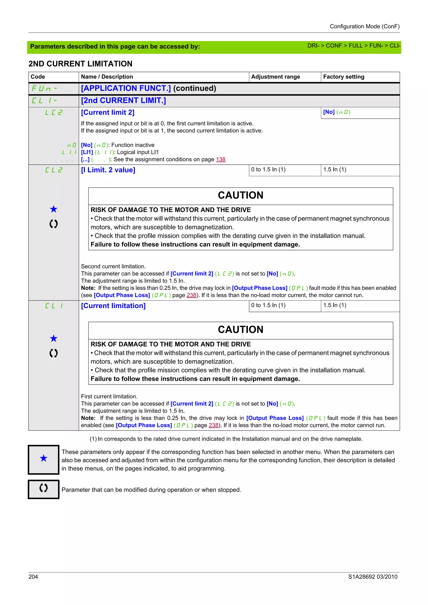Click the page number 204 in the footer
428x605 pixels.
coord(33,577)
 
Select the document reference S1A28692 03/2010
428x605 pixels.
coord(372,577)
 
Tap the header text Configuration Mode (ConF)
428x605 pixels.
coord(364,26)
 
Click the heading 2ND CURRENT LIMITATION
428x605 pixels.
coord(80,64)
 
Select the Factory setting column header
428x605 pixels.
coord(343,77)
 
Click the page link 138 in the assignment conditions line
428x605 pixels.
coord(220,159)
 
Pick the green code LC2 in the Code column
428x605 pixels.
coord(54,113)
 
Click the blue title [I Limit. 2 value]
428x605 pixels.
coord(108,170)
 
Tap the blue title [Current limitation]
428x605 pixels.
coord(113,306)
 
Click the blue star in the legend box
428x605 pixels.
coord(43,458)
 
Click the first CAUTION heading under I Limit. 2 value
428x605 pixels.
coord(241,195)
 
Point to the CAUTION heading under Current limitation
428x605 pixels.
coord(241,330)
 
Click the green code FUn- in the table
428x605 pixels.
coord(44,88)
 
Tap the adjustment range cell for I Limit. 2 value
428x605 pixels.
coord(268,170)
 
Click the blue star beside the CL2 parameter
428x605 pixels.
coord(53,209)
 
